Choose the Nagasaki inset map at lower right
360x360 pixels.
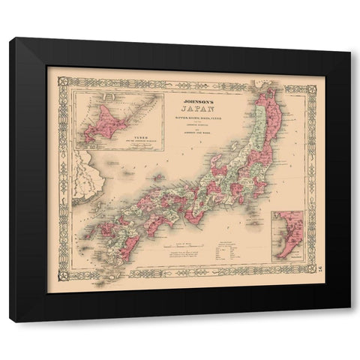pos(285,236)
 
